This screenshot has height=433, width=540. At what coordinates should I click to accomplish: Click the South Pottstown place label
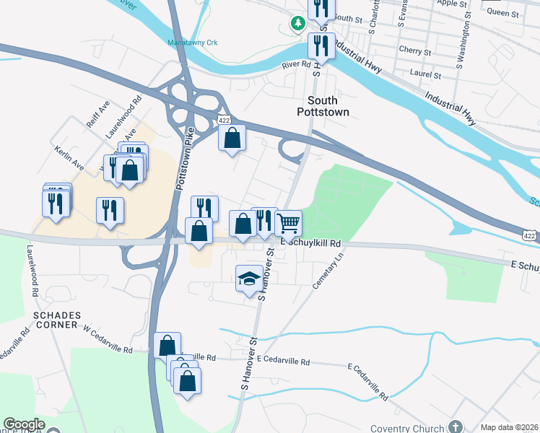point(323,106)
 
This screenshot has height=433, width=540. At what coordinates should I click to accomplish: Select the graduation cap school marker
point(248,279)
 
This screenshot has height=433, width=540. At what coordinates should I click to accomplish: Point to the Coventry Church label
point(408,428)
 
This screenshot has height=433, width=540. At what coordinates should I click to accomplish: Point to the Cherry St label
point(414,51)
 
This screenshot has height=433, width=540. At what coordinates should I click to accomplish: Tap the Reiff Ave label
point(98,114)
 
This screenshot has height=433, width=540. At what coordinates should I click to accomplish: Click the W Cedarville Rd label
point(108,349)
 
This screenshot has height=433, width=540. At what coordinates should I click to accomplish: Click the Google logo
point(24,424)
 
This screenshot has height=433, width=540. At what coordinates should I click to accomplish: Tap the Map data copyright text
point(508,427)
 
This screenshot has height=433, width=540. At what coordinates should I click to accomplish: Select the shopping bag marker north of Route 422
point(232,139)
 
